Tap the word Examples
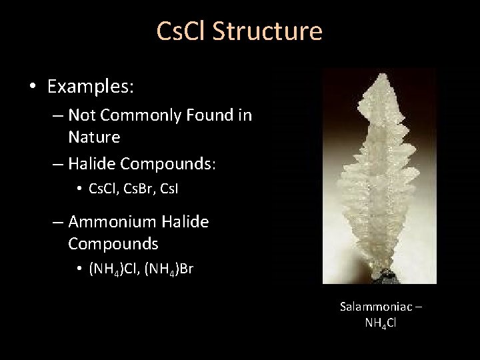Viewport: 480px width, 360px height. click(91, 86)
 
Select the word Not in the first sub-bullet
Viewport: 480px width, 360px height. click(81, 116)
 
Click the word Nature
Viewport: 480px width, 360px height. click(94, 137)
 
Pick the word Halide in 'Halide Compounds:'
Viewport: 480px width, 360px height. click(93, 163)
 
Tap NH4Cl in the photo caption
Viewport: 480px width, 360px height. click(381, 322)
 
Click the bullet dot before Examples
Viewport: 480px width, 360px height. click(33, 87)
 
